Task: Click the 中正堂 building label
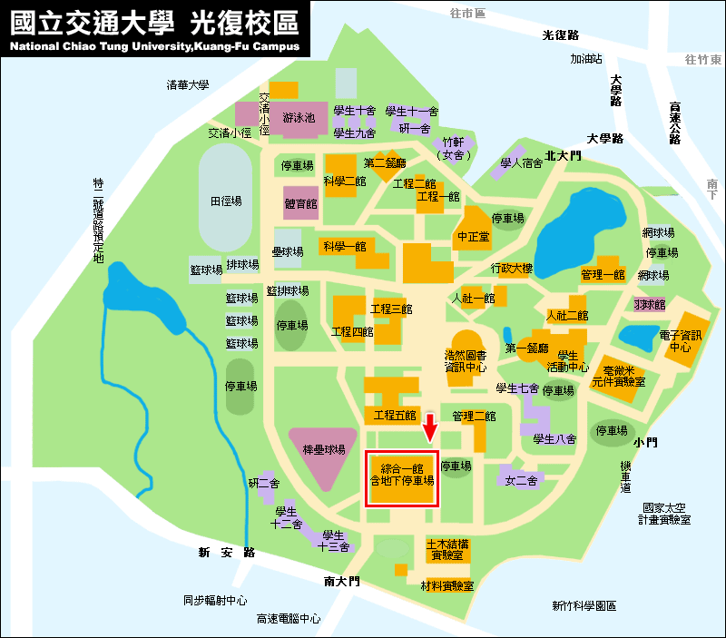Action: click(x=473, y=236)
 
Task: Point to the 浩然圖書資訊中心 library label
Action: click(x=465, y=361)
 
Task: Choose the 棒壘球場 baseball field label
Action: click(x=324, y=449)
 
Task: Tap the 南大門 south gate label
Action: click(x=341, y=581)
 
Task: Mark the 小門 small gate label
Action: click(x=646, y=442)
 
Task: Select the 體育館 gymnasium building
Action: click(x=300, y=204)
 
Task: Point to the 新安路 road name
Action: click(x=226, y=552)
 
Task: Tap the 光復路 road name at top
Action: click(x=560, y=35)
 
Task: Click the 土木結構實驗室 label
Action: click(x=446, y=549)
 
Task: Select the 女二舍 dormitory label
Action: click(x=522, y=479)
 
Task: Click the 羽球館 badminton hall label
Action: click(x=649, y=303)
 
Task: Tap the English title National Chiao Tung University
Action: click(x=154, y=45)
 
